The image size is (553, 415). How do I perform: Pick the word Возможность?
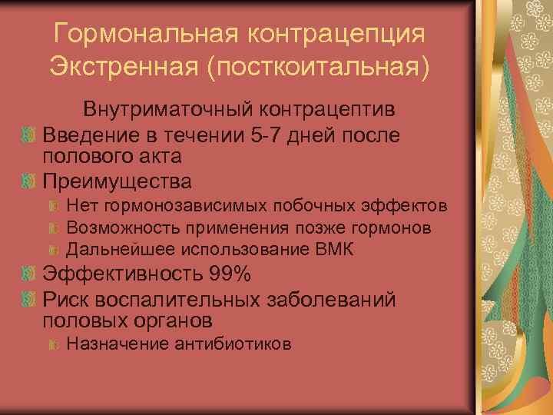tap(114, 227)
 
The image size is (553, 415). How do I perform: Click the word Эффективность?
tap(119, 274)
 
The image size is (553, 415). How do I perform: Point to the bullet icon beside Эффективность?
tap(29, 274)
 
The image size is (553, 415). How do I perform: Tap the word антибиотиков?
tap(237, 344)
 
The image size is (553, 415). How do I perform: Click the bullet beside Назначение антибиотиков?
tap(54, 344)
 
